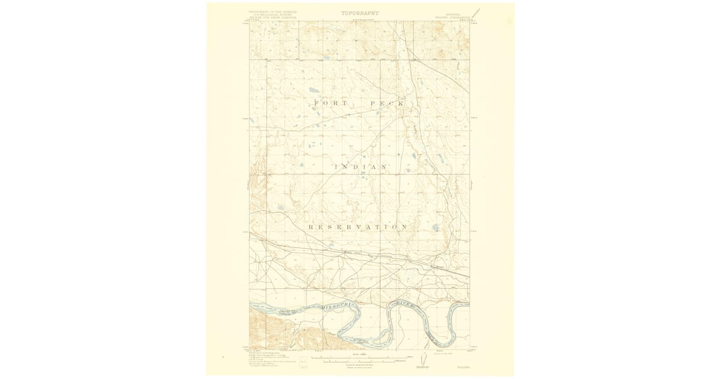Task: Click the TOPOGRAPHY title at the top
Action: pyautogui.click(x=360, y=13)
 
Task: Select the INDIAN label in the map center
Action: pyautogui.click(x=360, y=167)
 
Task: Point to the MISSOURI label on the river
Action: pyautogui.click(x=339, y=307)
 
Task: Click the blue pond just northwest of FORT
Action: pyautogui.click(x=313, y=90)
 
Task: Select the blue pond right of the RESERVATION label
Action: pyautogui.click(x=435, y=228)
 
